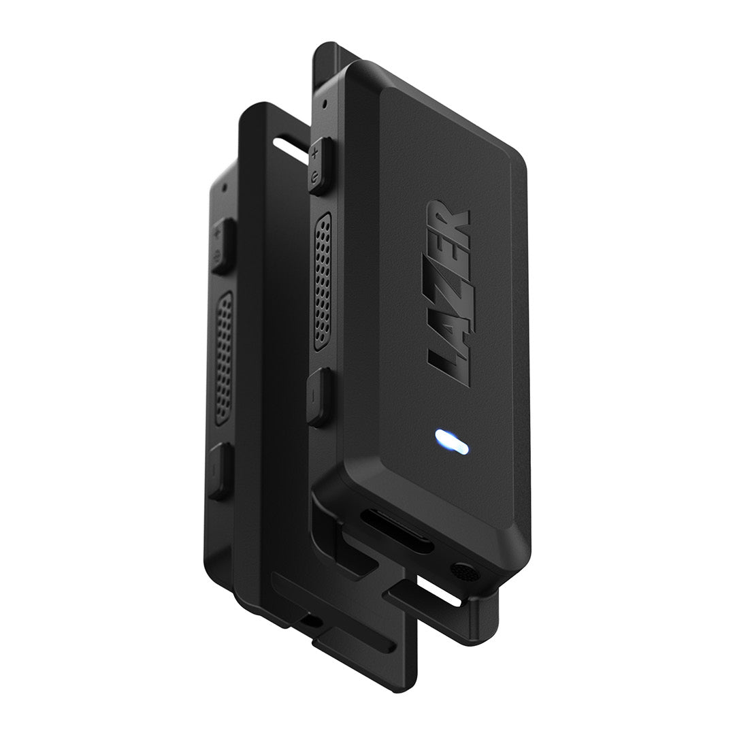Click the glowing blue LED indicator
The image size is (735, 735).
coord(451,442)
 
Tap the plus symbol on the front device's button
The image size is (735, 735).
coord(316,153)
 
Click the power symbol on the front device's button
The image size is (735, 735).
coord(316,176)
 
